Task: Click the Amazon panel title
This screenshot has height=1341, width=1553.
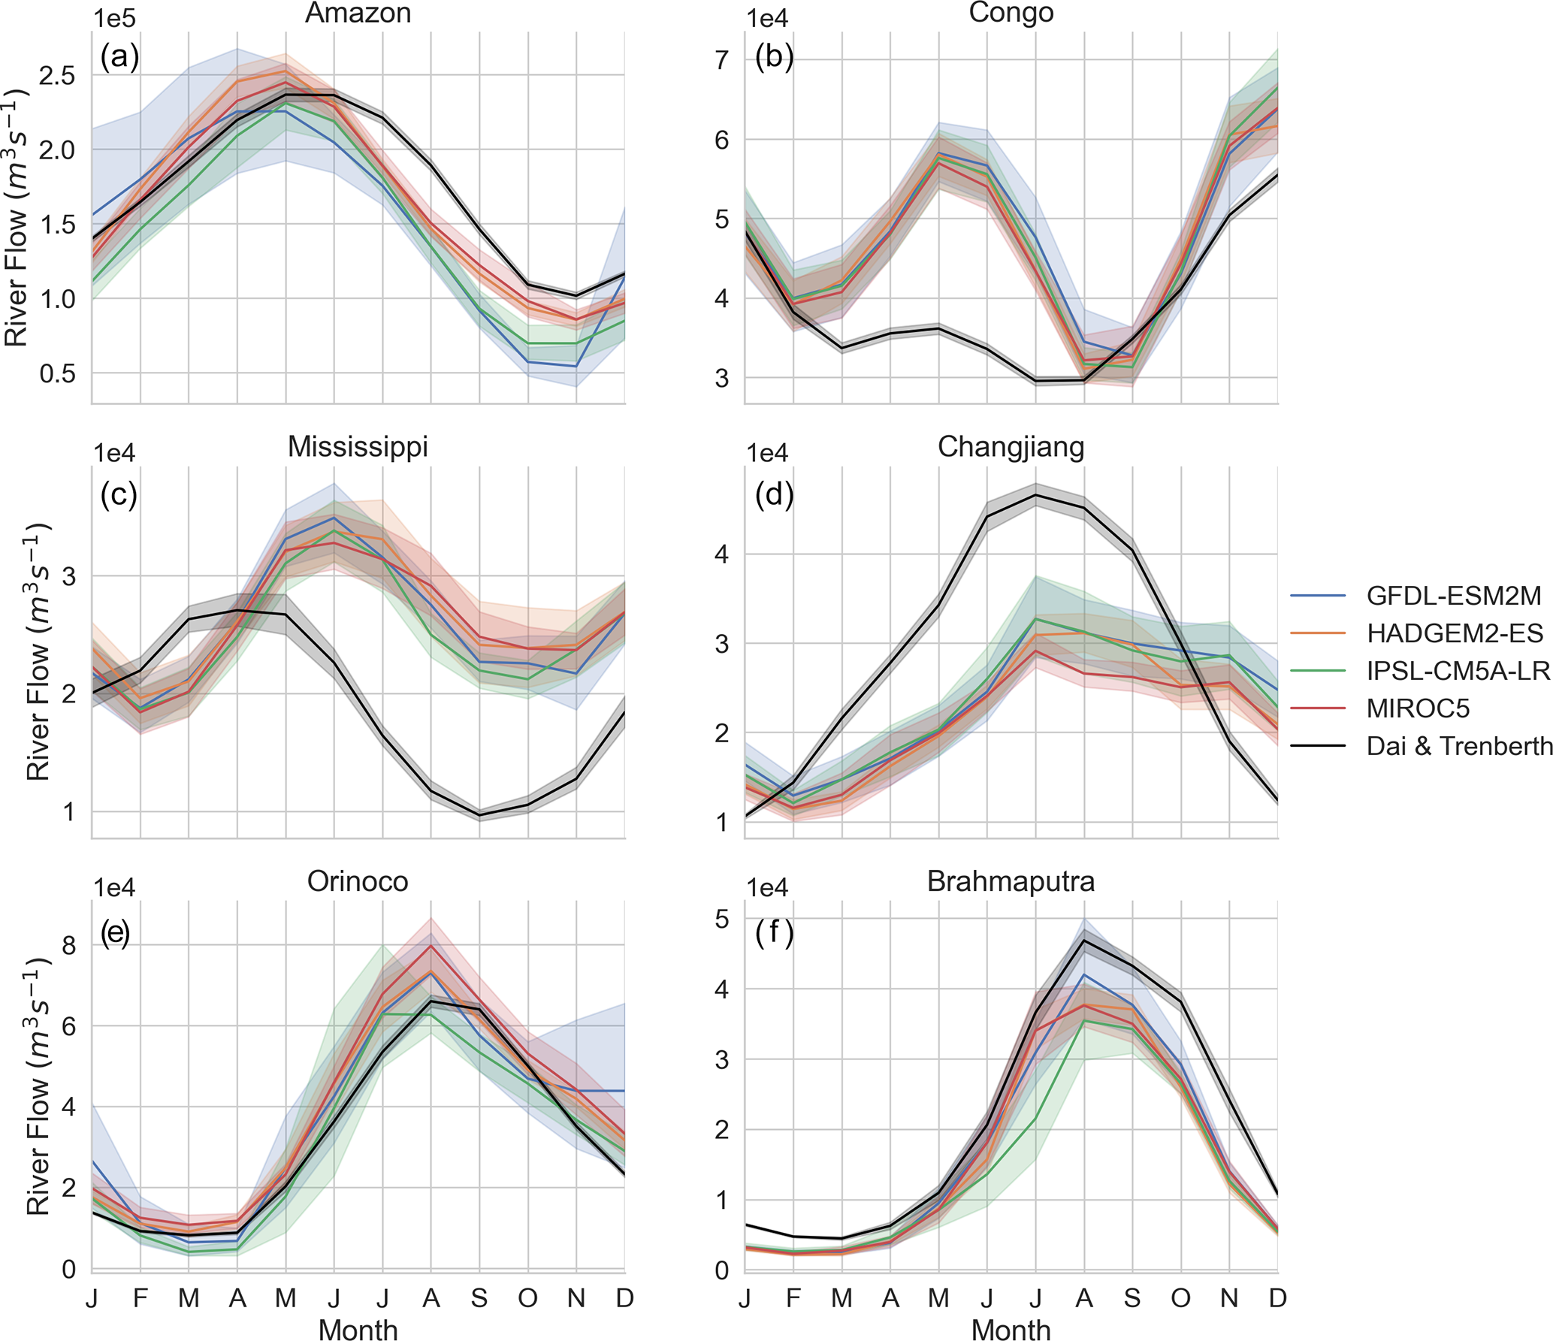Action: pos(358,13)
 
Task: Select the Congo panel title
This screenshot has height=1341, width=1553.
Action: pos(1011,13)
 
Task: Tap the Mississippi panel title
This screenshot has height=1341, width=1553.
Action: pos(358,446)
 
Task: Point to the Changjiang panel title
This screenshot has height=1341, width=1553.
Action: pos(1011,446)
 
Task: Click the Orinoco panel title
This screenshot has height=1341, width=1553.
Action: pos(358,880)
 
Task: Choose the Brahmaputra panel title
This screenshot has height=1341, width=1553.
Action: pos(1011,880)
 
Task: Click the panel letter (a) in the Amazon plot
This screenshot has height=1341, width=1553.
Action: pos(119,57)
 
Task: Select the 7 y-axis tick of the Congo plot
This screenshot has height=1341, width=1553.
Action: pos(722,60)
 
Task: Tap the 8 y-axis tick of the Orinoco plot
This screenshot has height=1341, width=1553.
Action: pos(69,945)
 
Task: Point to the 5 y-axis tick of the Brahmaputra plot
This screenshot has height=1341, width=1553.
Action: pos(722,919)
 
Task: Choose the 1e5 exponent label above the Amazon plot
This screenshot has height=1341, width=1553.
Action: pos(113,18)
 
